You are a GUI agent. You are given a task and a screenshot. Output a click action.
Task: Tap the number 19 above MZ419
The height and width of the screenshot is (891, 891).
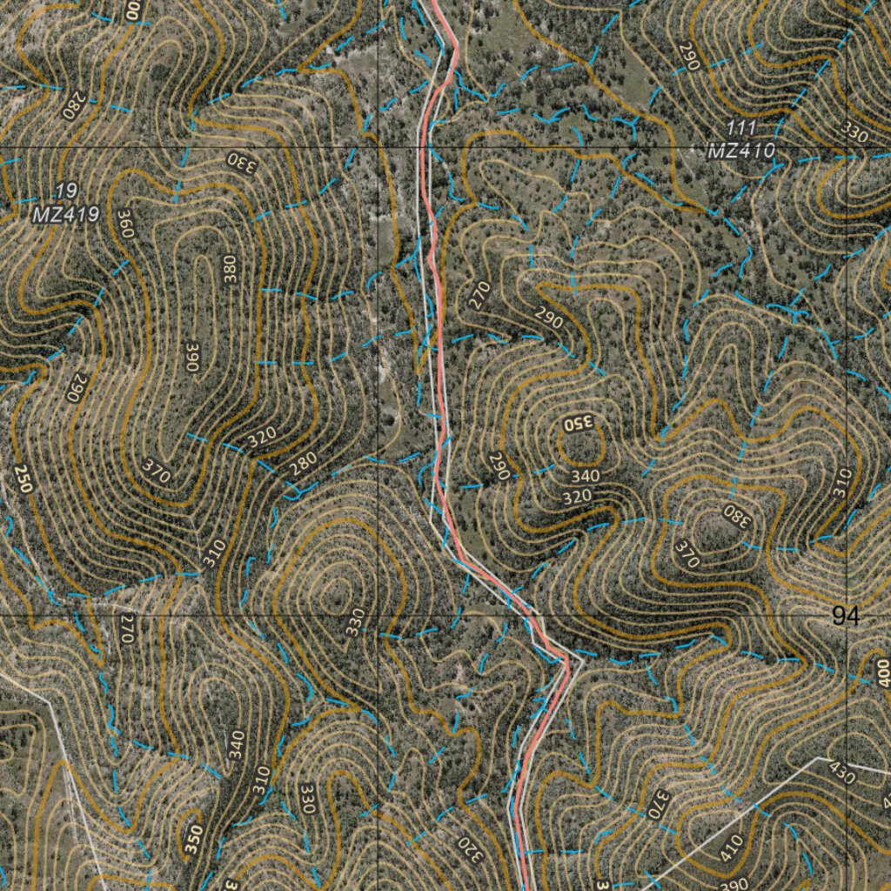64,191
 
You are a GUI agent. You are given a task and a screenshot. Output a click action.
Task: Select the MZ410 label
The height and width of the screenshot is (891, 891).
740,151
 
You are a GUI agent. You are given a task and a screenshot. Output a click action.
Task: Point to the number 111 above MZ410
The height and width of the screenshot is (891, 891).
741,129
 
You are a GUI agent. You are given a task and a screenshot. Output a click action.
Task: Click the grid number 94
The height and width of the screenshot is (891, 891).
845,617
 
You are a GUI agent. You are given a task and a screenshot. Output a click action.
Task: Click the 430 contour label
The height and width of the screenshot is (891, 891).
841,773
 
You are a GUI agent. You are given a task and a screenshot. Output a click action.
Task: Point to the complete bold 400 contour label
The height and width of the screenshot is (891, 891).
883,671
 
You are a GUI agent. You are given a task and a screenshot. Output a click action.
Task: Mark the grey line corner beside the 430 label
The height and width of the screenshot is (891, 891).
818,758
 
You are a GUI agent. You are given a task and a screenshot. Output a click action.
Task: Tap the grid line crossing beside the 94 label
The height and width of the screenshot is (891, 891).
847,615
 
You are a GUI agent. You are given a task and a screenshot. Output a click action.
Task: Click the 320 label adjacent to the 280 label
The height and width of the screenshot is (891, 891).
262,439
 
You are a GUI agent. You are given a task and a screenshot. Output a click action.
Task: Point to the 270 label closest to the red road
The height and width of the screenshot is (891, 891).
477,295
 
